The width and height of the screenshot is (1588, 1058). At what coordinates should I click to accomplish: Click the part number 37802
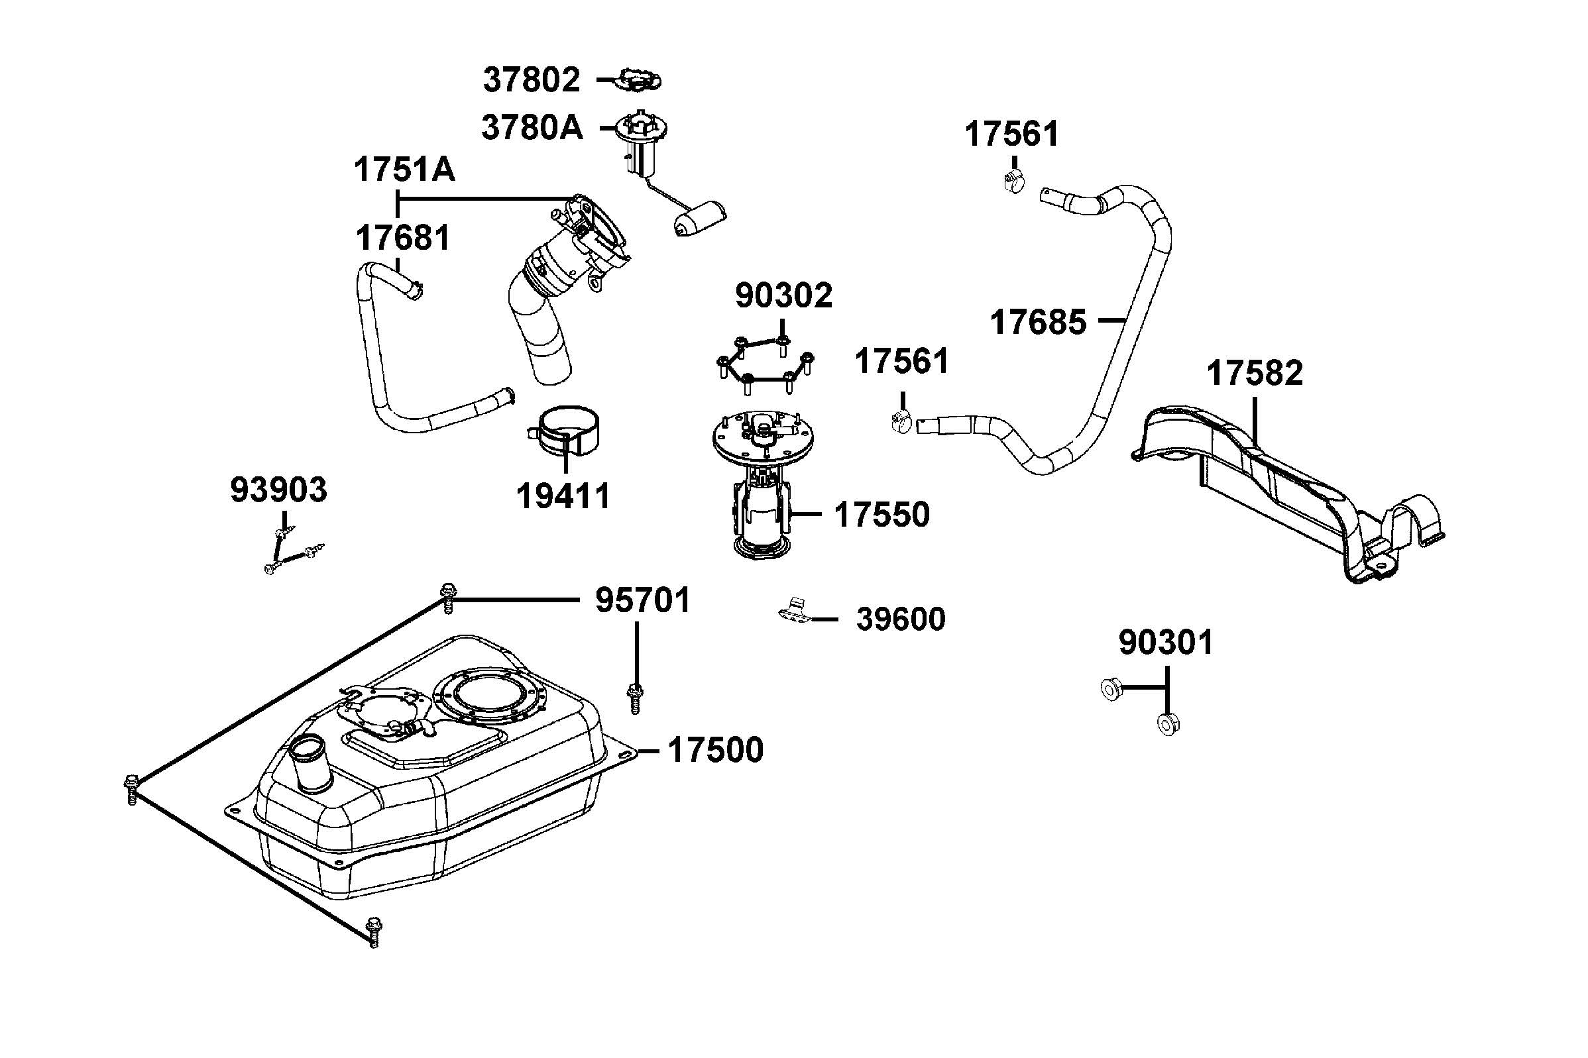[531, 80]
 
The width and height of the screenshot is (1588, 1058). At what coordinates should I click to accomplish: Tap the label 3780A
[532, 127]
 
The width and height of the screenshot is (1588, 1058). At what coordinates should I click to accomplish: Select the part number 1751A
[404, 170]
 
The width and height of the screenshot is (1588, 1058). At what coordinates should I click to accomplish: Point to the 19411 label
[563, 497]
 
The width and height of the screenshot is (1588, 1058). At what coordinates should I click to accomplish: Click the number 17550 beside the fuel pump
[881, 515]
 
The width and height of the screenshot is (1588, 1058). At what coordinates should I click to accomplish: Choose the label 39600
[900, 619]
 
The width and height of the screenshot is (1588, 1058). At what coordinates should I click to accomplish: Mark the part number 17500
[715, 751]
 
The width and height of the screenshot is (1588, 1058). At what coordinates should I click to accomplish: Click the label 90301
[1166, 643]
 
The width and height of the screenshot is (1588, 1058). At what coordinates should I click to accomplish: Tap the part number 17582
[1255, 373]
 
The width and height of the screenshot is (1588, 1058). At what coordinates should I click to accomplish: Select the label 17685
[1038, 323]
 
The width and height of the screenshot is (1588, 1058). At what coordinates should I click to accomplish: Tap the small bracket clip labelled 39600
[793, 609]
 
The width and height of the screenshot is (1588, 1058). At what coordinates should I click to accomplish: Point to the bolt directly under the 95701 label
[634, 696]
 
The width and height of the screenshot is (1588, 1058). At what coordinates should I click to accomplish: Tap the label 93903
[279, 490]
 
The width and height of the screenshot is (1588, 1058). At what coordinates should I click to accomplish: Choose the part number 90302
[783, 295]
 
